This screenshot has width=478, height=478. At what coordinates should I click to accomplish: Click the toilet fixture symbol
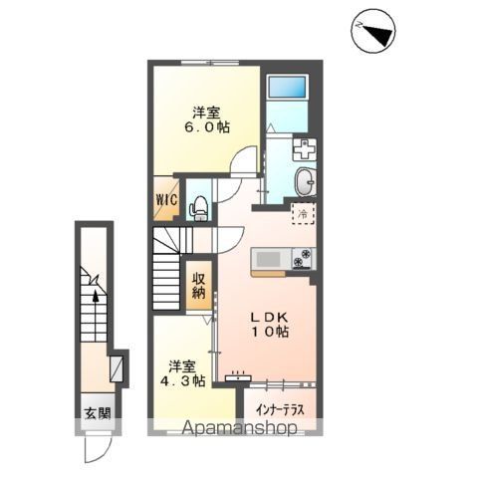[x=198, y=208]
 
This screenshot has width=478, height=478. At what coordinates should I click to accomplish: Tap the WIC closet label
[x=166, y=200]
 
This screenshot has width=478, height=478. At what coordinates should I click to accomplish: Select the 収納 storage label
[x=198, y=286]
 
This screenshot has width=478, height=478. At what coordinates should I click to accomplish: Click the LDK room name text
[x=269, y=318]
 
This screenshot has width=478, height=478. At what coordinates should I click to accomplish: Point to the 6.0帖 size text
[x=207, y=126]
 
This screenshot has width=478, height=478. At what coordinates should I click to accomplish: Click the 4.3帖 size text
[x=182, y=381]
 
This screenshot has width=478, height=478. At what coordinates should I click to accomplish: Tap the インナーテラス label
[x=280, y=410]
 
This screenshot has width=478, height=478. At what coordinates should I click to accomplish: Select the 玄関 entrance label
[x=98, y=413]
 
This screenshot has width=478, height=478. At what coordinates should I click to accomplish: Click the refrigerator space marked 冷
[x=303, y=214]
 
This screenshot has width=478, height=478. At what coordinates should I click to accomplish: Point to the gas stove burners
[x=304, y=259]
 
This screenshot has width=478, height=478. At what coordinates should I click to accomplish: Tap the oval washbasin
[x=305, y=182]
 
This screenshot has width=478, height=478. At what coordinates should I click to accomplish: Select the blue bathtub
[x=287, y=87]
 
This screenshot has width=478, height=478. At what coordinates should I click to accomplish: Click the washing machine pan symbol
[x=304, y=149]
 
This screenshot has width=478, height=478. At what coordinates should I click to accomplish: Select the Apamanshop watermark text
[x=240, y=428]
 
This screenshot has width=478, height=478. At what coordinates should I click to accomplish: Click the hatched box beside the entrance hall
[x=117, y=368]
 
